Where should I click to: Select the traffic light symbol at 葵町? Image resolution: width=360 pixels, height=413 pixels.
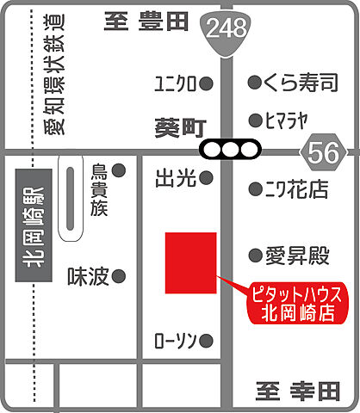tap(228, 150)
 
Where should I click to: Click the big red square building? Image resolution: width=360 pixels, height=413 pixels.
tap(190, 262)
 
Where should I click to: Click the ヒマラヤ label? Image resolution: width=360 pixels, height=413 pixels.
tap(293, 120)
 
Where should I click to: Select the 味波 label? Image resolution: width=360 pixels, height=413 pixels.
tap(88, 276)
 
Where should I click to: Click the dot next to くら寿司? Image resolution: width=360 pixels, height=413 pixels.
tap(255, 83)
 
